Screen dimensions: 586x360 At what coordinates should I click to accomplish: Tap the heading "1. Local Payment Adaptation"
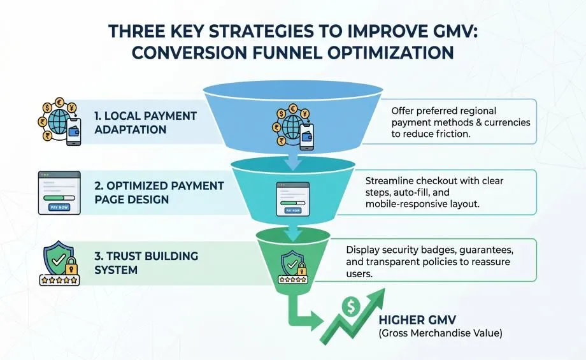pos(145,122)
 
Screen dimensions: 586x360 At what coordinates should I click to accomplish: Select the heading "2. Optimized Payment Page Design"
pos(159,192)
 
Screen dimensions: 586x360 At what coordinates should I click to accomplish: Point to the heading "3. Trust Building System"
pos(146,263)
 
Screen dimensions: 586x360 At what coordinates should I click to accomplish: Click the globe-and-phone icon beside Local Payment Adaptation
pos(59,122)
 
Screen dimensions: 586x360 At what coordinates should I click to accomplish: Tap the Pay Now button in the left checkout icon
pos(59,207)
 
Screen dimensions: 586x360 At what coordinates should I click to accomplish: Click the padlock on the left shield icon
pos(71,266)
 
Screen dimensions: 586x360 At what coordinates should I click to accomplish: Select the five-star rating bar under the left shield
pos(59,280)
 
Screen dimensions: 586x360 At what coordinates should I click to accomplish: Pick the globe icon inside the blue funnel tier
pos(293,127)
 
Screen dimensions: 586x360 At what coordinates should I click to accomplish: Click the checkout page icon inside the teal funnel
pos(293,199)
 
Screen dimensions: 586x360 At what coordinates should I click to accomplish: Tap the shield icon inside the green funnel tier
pos(292,266)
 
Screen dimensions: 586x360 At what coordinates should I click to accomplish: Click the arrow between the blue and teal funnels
pos(294,160)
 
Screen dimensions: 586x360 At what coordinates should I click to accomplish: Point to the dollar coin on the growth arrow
pos(350,307)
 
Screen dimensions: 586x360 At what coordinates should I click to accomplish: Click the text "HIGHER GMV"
pos(417,320)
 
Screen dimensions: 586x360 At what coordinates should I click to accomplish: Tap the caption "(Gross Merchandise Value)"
pos(440,333)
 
